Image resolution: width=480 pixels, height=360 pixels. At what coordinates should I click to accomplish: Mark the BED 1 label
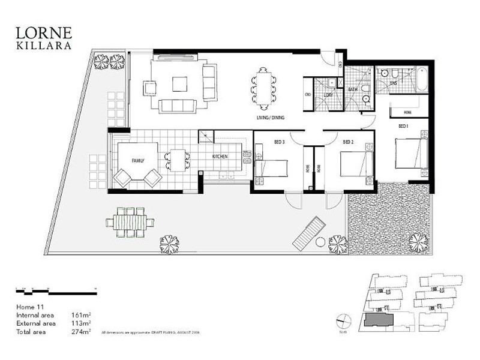(x=404, y=126)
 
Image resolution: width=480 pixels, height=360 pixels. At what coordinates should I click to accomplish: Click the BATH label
(x=353, y=90)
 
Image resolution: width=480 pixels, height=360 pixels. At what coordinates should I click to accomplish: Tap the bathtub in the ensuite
(x=421, y=79)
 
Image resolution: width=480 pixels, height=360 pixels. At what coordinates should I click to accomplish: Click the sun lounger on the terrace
(x=310, y=235)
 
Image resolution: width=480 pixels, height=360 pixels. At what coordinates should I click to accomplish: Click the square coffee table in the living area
(x=179, y=83)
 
